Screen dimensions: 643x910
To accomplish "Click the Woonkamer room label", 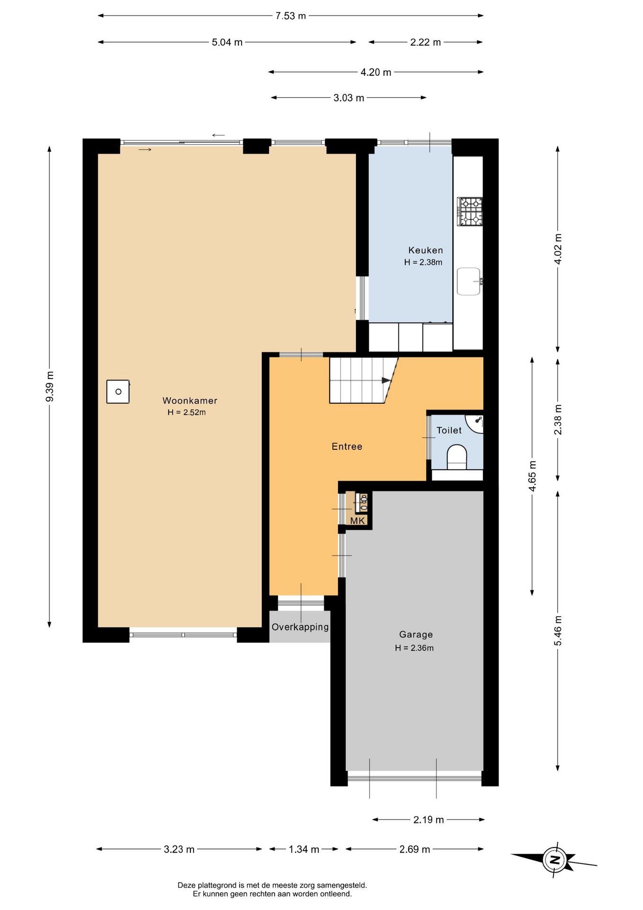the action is (x=190, y=400).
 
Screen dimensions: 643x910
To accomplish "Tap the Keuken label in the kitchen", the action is (x=426, y=250).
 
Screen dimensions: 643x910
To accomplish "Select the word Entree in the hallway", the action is (x=347, y=446).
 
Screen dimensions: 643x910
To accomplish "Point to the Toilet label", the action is (x=449, y=430).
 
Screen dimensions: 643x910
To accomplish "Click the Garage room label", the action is (x=416, y=635).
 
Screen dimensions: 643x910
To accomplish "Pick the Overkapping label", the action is (x=300, y=627).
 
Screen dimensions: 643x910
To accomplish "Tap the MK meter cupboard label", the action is (x=357, y=521).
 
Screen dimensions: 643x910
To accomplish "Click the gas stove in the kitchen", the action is (x=470, y=211).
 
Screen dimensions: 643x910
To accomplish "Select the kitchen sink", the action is (x=469, y=281).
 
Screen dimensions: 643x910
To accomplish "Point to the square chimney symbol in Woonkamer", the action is (x=118, y=391).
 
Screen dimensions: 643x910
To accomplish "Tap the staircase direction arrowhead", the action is (x=386, y=380).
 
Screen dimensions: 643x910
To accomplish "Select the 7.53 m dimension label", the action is (x=291, y=16).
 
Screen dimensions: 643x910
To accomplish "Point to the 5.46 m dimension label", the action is (x=558, y=630).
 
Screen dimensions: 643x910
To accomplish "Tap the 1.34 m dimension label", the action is (x=304, y=849).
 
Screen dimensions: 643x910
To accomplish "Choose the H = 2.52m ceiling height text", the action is (x=187, y=412).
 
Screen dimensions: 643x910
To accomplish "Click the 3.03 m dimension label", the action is (x=349, y=98).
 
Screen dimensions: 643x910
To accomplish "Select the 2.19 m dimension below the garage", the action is (x=429, y=819).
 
